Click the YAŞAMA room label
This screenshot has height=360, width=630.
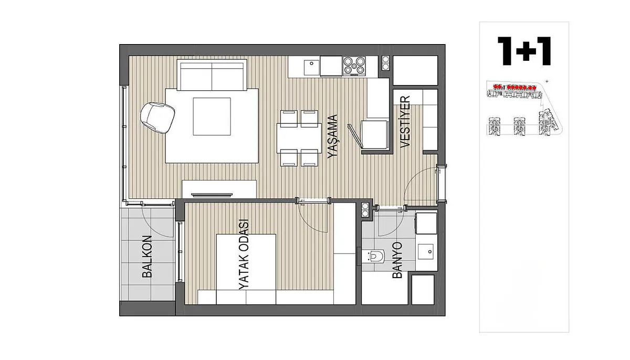[x=333, y=136]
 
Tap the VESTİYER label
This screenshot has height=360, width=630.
[x=405, y=122]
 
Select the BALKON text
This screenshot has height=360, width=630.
[x=147, y=257]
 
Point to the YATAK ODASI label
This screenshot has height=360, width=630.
[x=244, y=255]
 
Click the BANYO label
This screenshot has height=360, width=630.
[x=397, y=260]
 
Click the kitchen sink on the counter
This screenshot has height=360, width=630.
[x=312, y=66]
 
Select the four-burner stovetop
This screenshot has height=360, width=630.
[x=354, y=66]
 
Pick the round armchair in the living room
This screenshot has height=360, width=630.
[x=157, y=118]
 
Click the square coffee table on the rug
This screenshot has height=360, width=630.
[x=212, y=117]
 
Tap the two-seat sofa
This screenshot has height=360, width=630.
[x=212, y=75]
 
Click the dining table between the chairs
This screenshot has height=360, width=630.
[x=299, y=138]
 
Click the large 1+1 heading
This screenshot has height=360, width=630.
[x=524, y=51]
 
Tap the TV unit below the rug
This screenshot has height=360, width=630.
[x=219, y=189]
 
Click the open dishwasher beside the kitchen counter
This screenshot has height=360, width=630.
[x=369, y=137]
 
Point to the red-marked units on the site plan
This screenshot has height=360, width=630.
[x=515, y=87]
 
